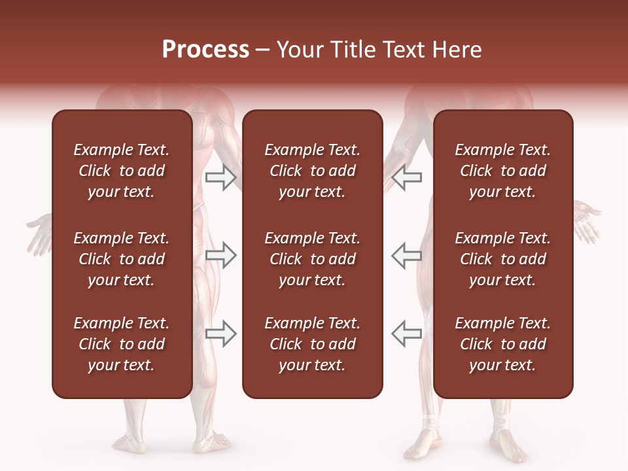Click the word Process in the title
point(205,50)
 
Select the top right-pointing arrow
point(220,177)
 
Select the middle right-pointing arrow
point(220,256)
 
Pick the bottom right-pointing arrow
point(220,334)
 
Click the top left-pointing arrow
point(406,177)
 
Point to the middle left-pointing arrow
point(406,256)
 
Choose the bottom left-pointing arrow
point(406,334)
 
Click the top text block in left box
point(122,171)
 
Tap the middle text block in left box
point(122,259)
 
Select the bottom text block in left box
point(122,344)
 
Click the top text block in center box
point(312,171)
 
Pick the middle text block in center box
point(312,259)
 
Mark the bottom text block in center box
point(312,344)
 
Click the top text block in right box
point(502,171)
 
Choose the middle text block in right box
point(502,259)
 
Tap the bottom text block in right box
point(502,344)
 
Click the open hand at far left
point(39,232)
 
